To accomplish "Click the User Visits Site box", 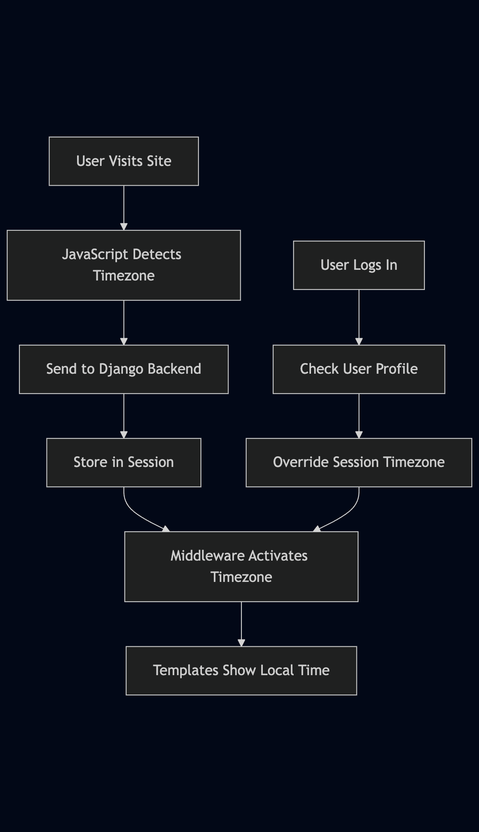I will coord(124,161).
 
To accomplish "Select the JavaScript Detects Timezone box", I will coord(124,265).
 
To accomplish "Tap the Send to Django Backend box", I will coord(124,369).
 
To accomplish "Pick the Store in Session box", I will coord(124,463).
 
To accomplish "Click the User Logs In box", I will coord(359,265).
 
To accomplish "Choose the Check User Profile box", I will coord(359,369).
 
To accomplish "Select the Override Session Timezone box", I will coord(359,463).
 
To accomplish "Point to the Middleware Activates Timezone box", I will coord(241,567).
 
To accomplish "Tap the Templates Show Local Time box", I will coord(241,671).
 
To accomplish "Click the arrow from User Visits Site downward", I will coord(124,207).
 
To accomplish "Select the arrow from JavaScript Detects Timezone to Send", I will coord(124,322).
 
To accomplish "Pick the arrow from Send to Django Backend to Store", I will coord(124,416).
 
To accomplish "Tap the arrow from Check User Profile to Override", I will coord(359,416).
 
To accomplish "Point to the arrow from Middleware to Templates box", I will coord(241,624).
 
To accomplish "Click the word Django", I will coord(121,369).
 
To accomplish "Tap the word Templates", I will coord(185,671).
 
